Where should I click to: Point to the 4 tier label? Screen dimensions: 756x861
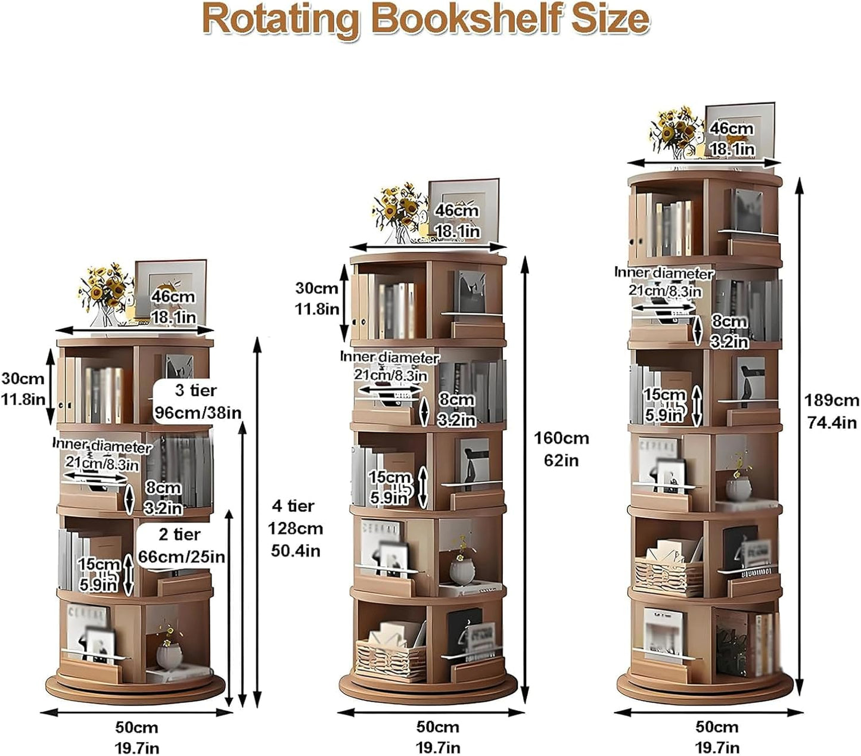tap(294, 506)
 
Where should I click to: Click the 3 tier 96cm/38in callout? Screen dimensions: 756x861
tap(197, 402)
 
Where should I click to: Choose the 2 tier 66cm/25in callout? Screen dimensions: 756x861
tap(181, 545)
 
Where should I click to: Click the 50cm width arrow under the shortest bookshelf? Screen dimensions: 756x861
tap(136, 711)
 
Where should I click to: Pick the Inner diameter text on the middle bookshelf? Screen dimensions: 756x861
tap(390, 357)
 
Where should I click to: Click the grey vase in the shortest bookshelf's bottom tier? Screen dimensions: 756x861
tap(169, 654)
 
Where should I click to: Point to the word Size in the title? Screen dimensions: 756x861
tap(611, 20)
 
